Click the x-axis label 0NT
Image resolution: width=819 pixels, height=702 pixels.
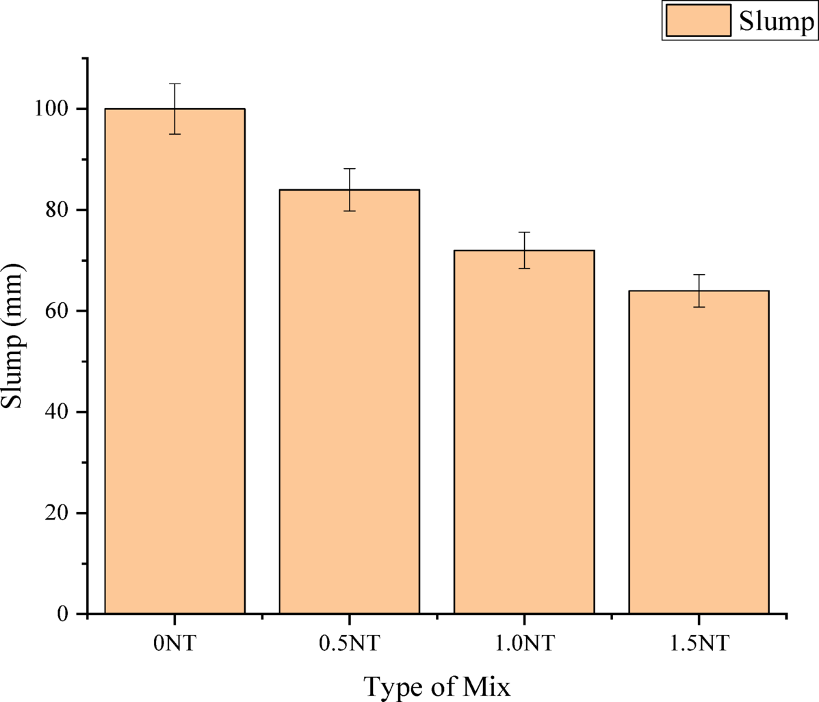tap(174, 643)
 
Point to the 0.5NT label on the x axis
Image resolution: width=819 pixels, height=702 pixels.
tap(349, 643)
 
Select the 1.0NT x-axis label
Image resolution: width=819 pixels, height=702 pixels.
tap(524, 643)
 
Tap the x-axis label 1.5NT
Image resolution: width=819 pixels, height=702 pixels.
tap(699, 643)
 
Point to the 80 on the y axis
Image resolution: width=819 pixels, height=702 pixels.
tap(57, 210)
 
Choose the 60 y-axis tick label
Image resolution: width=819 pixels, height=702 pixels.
tap(57, 311)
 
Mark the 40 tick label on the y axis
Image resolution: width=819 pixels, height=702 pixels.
tap(57, 412)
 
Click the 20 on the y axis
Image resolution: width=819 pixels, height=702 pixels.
tap(57, 513)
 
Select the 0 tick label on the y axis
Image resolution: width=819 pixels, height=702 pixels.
tap(63, 614)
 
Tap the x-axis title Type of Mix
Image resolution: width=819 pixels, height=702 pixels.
tap(437, 686)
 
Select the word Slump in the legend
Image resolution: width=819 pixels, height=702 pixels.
tap(776, 21)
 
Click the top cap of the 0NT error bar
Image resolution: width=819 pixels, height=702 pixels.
tap(174, 83)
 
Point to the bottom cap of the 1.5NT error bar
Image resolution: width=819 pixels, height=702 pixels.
tap(699, 307)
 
